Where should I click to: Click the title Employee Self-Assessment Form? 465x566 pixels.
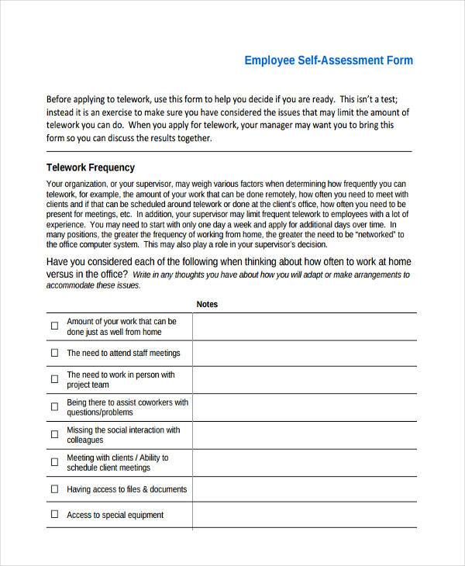(329, 60)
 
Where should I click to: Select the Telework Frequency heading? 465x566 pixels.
(91, 167)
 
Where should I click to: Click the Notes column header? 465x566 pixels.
(207, 305)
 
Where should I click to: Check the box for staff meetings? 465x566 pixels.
(54, 353)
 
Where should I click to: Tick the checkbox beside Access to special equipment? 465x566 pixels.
(54, 515)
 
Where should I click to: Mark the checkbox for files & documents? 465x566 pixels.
(54, 489)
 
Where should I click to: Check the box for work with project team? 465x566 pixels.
(54, 379)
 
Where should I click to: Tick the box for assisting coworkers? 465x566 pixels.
(54, 408)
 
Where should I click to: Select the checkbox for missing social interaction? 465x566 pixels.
(54, 435)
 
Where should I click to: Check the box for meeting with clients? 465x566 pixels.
(54, 463)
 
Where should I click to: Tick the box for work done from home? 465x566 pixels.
(54, 326)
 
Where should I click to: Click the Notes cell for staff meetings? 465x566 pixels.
(304, 353)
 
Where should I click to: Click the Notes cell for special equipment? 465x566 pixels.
(304, 515)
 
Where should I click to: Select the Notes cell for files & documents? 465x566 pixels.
(304, 489)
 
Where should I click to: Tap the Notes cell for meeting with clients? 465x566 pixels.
(304, 463)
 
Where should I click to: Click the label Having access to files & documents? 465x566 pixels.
(126, 489)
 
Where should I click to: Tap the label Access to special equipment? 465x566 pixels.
(115, 515)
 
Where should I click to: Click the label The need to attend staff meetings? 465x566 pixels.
(123, 353)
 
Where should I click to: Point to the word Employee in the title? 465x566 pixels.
(269, 60)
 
